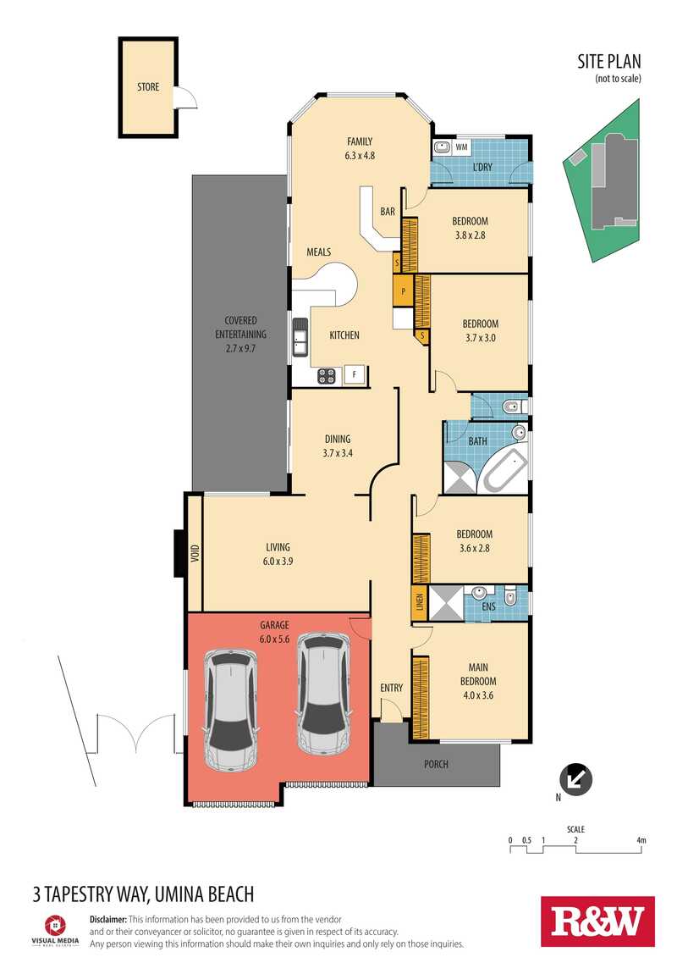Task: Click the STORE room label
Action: tap(147, 87)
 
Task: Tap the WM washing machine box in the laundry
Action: tap(461, 147)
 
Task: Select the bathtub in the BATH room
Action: tap(505, 472)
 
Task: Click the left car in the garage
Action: tap(230, 709)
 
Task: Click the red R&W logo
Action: tap(597, 921)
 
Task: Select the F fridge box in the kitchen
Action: tap(355, 374)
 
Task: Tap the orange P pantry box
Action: tap(404, 291)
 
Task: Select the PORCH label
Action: tap(436, 764)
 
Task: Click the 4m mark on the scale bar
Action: tap(641, 841)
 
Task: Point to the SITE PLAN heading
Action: tap(608, 61)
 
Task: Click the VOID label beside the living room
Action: tap(195, 555)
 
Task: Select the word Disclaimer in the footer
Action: tap(107, 919)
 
